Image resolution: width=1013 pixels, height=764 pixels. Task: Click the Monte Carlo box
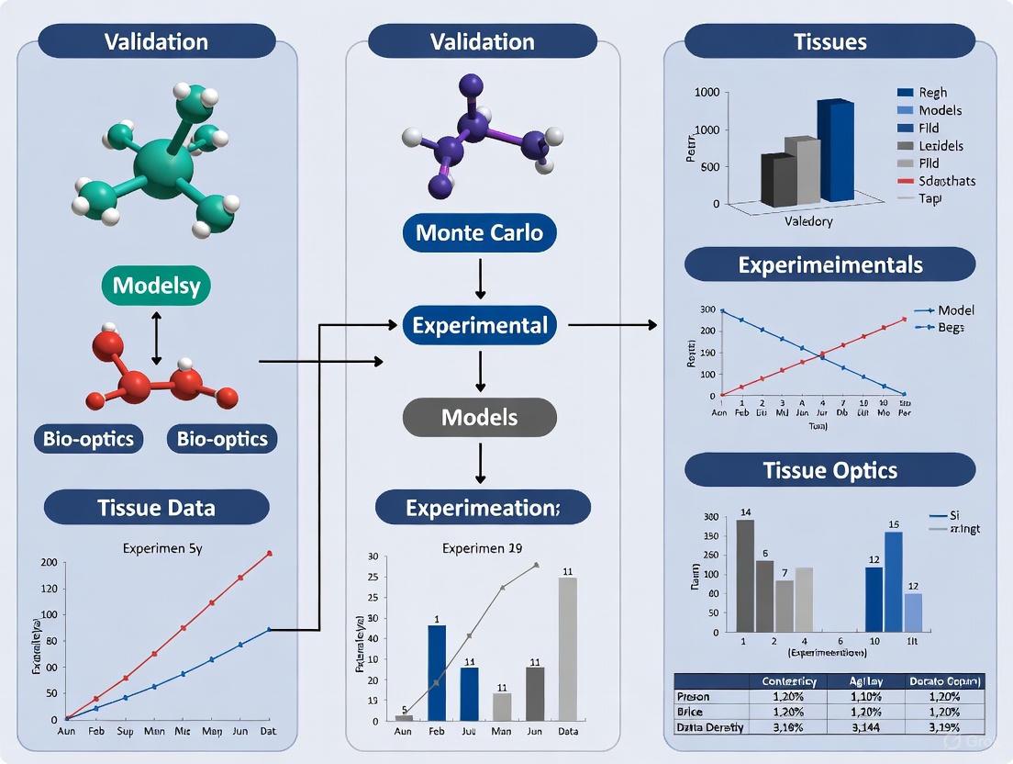pyautogui.click(x=479, y=233)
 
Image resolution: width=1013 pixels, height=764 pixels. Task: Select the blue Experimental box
pyautogui.click(x=479, y=325)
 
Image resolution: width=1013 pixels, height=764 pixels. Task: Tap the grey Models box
pyautogui.click(x=479, y=418)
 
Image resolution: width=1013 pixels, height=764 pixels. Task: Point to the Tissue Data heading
pyautogui.click(x=156, y=507)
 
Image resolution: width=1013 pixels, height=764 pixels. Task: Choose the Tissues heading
pyautogui.click(x=829, y=41)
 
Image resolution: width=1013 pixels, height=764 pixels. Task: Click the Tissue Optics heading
pyautogui.click(x=829, y=470)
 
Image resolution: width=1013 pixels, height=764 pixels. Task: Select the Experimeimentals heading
pyautogui.click(x=829, y=264)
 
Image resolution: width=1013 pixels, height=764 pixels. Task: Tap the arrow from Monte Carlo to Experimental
pyautogui.click(x=480, y=278)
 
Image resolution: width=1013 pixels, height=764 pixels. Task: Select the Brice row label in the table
pyautogui.click(x=695, y=712)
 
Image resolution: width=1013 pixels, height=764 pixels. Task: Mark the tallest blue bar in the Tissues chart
pyautogui.click(x=837, y=152)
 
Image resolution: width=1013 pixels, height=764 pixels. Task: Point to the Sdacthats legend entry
pyautogui.click(x=946, y=181)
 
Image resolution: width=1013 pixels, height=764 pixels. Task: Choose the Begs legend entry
pyautogui.click(x=951, y=328)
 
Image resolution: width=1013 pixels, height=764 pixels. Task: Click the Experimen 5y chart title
pyautogui.click(x=161, y=548)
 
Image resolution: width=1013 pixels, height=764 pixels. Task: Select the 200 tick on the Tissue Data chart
pyautogui.click(x=50, y=562)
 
